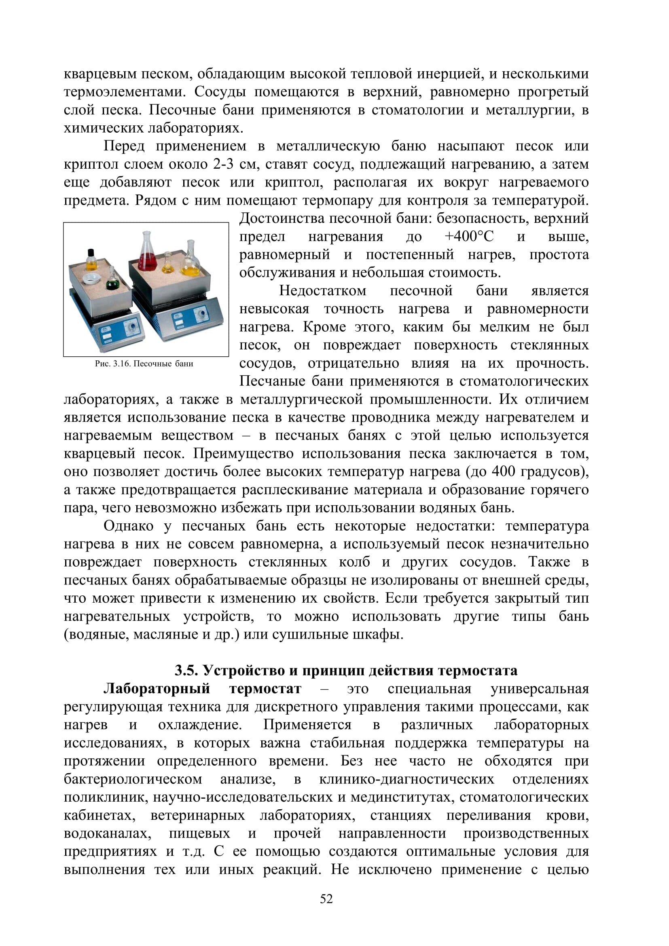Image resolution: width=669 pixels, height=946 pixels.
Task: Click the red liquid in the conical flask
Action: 146,261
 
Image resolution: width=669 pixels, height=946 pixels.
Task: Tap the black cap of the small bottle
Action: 91,252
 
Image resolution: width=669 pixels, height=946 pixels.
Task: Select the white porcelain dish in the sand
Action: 91,279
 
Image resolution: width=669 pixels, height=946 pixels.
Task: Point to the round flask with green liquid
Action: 111,283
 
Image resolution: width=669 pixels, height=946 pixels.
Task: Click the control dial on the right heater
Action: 202,315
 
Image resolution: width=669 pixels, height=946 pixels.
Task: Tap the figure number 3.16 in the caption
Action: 121,364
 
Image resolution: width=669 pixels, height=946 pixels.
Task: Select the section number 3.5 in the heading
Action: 186,671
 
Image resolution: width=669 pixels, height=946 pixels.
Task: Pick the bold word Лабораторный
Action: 157,689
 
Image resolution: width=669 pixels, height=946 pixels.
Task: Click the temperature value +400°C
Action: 469,237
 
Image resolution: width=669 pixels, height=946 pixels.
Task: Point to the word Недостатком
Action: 322,291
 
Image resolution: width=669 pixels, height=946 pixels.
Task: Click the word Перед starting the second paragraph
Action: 124,146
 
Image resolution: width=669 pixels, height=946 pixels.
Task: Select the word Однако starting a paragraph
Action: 129,526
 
